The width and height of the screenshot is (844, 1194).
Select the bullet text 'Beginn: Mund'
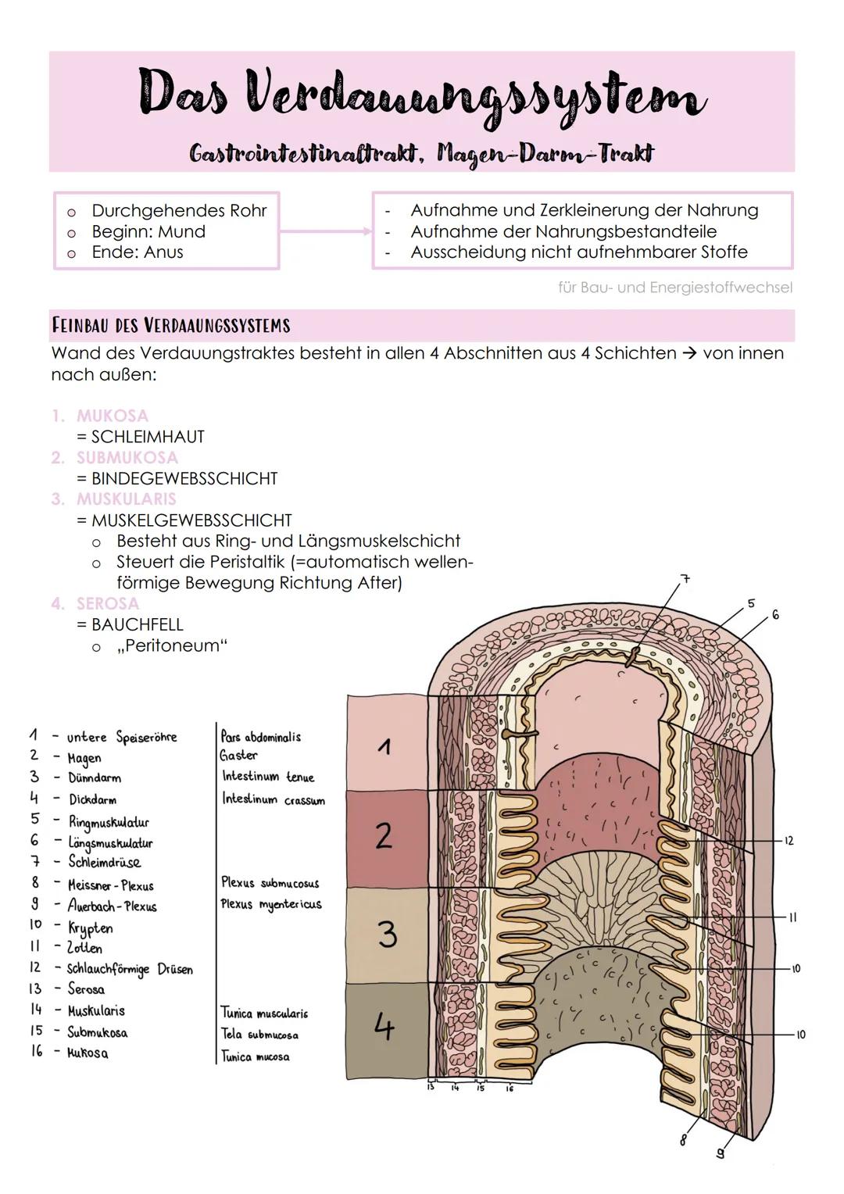148,231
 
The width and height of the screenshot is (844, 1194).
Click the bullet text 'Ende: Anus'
138,252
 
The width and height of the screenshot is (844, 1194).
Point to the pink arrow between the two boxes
325,231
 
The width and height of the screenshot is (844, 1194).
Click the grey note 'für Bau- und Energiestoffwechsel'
675,288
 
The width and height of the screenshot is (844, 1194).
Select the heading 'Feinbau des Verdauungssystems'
170,325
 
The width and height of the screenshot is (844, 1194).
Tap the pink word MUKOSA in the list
112,416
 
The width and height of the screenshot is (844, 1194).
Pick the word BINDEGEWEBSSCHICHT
184,478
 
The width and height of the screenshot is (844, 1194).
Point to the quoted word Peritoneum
172,646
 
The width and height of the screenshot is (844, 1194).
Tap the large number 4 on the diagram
384,1026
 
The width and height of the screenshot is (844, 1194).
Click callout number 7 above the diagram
685,579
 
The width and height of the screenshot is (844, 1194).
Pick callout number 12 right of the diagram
789,841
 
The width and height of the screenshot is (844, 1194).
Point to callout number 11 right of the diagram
792,917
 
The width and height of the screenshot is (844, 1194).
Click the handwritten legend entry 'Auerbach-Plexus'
113,906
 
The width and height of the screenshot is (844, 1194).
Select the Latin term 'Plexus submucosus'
270,883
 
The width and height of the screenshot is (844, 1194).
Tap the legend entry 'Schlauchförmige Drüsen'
130,969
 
